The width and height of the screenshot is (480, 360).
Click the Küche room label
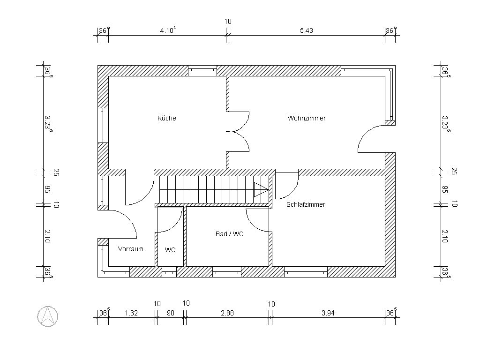click(166, 118)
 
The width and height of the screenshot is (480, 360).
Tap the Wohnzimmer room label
click(307, 118)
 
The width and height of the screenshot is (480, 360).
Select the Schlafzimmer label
click(306, 204)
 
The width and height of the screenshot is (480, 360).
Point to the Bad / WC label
click(229, 234)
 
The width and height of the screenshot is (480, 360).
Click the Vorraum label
click(130, 249)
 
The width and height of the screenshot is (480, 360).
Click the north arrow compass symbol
click(48, 316)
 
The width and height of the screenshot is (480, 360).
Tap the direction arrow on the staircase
click(261, 190)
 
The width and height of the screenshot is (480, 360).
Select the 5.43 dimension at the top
click(307, 30)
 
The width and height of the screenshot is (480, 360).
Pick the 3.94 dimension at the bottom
click(328, 313)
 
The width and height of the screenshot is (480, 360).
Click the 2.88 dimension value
click(227, 313)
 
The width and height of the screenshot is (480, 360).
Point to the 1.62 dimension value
click(131, 313)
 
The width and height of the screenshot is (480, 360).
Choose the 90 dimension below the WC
click(170, 313)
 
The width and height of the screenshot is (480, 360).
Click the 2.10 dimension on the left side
click(47, 236)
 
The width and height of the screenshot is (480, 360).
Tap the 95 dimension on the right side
click(445, 189)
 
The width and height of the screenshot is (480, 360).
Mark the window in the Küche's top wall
click(202, 71)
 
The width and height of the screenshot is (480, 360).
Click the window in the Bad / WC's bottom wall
click(226, 272)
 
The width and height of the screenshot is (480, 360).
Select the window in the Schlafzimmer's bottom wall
click(306, 272)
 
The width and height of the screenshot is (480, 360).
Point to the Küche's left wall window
click(103, 125)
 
